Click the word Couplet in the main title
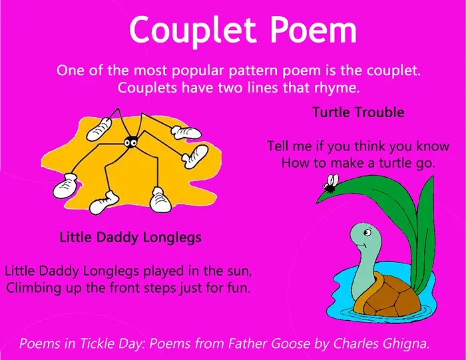(x=192, y=31)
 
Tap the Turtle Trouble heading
(x=358, y=112)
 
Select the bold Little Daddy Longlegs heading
(x=130, y=238)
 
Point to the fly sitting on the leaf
(x=331, y=183)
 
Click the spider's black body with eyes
(x=130, y=142)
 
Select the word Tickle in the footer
(x=97, y=343)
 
